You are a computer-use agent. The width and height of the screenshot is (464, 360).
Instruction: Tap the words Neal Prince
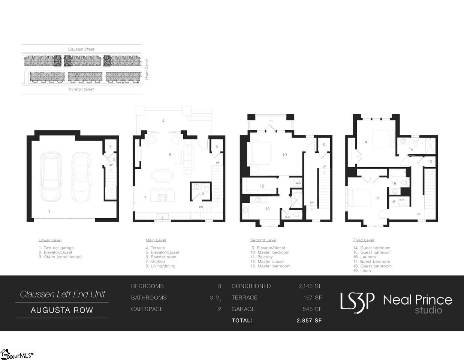(x=417, y=300)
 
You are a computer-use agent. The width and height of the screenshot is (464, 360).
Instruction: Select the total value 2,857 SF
(x=309, y=321)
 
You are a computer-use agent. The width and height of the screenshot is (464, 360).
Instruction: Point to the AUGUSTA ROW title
(x=62, y=310)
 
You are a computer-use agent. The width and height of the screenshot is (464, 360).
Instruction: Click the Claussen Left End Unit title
(x=62, y=294)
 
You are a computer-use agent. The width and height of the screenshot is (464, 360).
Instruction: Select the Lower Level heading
(x=50, y=240)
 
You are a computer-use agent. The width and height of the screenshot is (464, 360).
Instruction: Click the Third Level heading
(x=363, y=240)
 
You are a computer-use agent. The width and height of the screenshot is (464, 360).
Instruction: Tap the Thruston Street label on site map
(x=81, y=89)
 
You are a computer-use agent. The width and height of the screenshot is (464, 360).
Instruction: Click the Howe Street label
(x=147, y=69)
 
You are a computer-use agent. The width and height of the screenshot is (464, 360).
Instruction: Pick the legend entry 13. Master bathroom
(x=270, y=266)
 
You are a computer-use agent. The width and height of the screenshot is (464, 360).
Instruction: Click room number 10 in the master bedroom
(x=284, y=154)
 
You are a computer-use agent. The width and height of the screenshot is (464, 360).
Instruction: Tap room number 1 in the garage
(x=49, y=211)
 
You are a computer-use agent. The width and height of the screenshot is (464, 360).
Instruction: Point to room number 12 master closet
(x=262, y=186)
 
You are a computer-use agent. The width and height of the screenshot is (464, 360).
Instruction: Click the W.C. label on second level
(x=287, y=217)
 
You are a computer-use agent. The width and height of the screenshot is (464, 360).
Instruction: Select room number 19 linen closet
(x=430, y=162)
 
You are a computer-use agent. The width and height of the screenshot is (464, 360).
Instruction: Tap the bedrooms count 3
(x=220, y=286)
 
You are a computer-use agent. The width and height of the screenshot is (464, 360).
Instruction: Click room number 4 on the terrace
(x=163, y=121)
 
